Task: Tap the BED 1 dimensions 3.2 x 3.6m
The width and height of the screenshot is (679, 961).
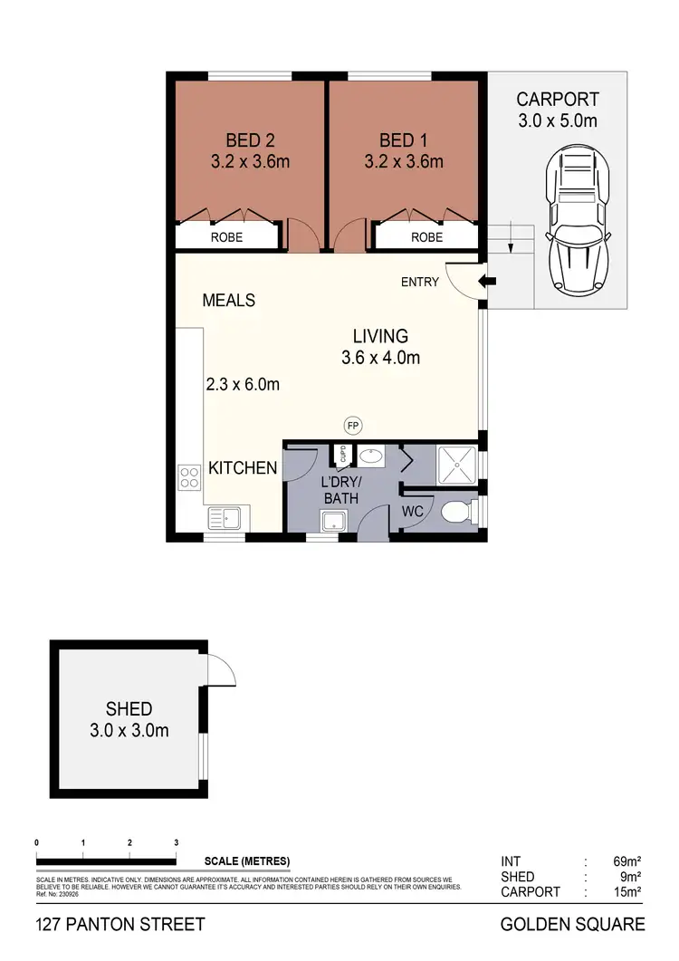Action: (x=404, y=162)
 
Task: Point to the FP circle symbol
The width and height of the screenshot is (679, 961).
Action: (x=352, y=424)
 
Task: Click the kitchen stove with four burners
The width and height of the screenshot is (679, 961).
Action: (x=190, y=476)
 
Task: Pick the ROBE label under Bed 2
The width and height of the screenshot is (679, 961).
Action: (x=226, y=237)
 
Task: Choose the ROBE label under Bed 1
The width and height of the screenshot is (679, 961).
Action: (x=427, y=237)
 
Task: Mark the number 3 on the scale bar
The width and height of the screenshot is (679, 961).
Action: (x=176, y=843)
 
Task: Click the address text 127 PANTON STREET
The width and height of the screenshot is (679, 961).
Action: (x=120, y=925)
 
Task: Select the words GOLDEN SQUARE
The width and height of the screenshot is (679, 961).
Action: (x=572, y=925)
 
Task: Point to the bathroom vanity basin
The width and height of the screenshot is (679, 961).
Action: (x=370, y=456)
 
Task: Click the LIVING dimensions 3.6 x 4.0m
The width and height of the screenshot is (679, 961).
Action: (x=380, y=358)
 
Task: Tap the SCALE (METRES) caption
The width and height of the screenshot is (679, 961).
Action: (x=247, y=860)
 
